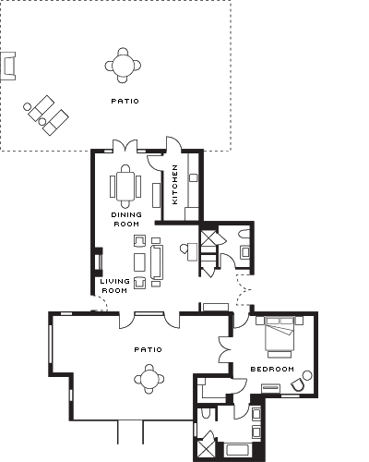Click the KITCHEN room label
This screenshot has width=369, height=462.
(174, 185)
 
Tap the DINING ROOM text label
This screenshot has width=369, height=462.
(126, 219)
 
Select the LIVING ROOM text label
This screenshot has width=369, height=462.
(114, 286)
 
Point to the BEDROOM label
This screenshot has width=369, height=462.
(272, 369)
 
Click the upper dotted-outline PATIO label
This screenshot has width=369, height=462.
(125, 101)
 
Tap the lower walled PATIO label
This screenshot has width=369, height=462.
(148, 349)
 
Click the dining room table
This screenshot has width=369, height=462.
(125, 186)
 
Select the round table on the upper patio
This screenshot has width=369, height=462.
(123, 66)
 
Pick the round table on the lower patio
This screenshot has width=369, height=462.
(149, 379)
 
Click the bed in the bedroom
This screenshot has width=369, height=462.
(280, 335)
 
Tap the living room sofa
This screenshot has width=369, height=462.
(157, 262)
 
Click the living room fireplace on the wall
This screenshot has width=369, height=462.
(99, 261)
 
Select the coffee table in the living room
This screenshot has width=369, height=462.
(139, 262)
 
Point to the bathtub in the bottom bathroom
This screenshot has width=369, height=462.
(238, 450)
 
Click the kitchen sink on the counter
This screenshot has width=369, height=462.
(194, 177)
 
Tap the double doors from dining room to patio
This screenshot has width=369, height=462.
(125, 147)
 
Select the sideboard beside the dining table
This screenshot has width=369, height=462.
(157, 195)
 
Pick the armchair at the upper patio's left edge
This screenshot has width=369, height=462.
(7, 66)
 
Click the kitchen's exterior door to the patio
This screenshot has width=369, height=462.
(173, 144)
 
